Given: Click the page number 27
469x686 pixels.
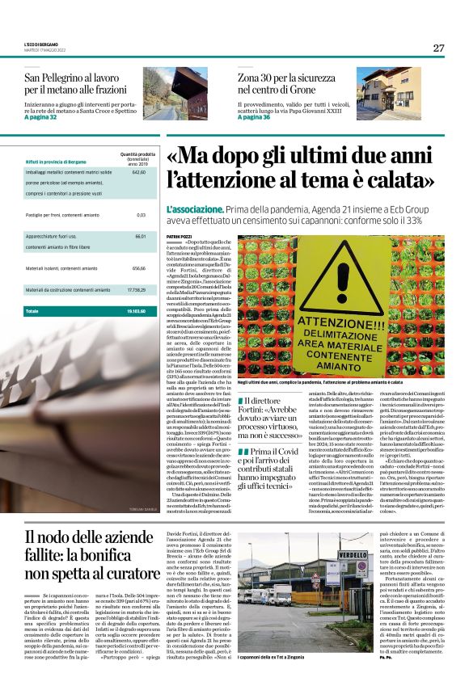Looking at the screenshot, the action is coord(438,48).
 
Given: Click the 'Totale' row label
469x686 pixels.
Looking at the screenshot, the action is coord(32,311).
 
